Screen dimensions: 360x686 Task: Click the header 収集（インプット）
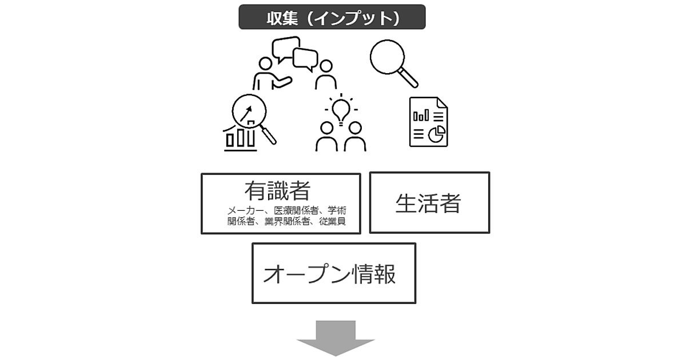(x=332, y=18)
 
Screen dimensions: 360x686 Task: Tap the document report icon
(x=428, y=121)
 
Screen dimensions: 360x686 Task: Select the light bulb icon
(x=341, y=109)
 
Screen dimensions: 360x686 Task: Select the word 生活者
(x=428, y=203)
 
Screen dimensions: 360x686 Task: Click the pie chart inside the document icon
(x=438, y=134)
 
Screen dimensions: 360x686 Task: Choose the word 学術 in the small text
(x=337, y=210)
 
